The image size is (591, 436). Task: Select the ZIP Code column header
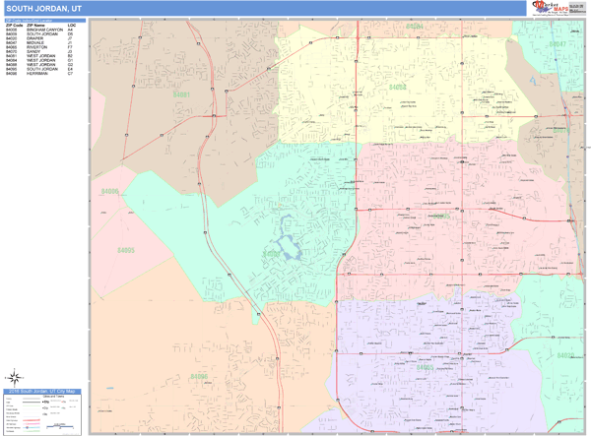[13, 25]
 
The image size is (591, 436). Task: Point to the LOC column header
[72, 25]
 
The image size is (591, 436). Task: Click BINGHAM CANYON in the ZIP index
[43, 30]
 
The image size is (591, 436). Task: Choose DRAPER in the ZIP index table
[34, 39]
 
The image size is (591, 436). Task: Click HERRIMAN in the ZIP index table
[36, 74]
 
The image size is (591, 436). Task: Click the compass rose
[16, 376]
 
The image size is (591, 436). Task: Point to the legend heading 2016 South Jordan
[43, 392]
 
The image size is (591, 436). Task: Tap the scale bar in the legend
[61, 426]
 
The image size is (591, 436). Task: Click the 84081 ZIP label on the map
[180, 94]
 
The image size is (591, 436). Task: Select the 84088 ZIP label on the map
[398, 88]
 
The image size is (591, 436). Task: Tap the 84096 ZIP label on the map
[199, 376]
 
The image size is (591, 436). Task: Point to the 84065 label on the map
[425, 368]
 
